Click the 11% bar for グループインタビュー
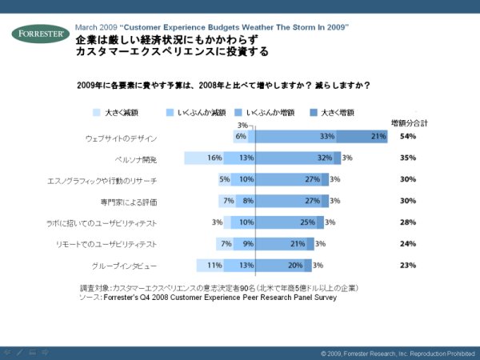(x=210, y=265)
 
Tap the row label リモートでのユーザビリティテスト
(x=123, y=243)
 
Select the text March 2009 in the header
(x=95, y=27)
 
